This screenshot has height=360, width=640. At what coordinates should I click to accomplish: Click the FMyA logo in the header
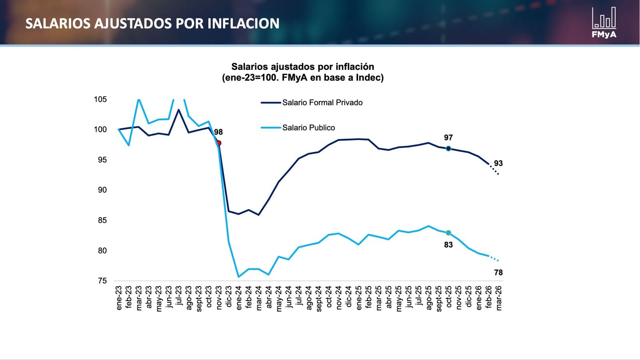pyautogui.click(x=604, y=23)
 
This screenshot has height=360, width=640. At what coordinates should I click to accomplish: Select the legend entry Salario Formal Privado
pyautogui.click(x=322, y=103)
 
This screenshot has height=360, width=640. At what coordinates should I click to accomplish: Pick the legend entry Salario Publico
pyautogui.click(x=308, y=128)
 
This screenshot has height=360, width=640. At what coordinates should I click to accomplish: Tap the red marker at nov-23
pyautogui.click(x=218, y=143)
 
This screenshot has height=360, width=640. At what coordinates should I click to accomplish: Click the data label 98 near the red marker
pyautogui.click(x=218, y=132)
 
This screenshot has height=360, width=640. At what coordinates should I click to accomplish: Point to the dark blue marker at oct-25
pyautogui.click(x=448, y=149)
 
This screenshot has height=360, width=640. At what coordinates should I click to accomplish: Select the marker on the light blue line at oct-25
pyautogui.click(x=448, y=233)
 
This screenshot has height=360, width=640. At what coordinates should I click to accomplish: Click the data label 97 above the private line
pyautogui.click(x=448, y=137)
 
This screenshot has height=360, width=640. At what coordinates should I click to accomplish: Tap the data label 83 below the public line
pyautogui.click(x=448, y=245)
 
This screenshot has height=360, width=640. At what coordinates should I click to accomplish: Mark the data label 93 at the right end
pyautogui.click(x=498, y=163)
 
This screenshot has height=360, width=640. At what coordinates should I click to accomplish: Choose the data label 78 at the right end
pyautogui.click(x=498, y=272)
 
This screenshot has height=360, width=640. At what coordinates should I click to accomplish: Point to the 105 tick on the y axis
pyautogui.click(x=100, y=99)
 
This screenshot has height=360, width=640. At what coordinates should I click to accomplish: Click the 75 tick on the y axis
pyautogui.click(x=102, y=281)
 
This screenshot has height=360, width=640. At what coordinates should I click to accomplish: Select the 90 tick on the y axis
pyautogui.click(x=102, y=190)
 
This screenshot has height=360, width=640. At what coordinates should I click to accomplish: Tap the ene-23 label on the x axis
pyautogui.click(x=119, y=298)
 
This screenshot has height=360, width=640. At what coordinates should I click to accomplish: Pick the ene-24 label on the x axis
pyautogui.click(x=239, y=298)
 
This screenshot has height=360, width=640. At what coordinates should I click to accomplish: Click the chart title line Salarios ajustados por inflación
pyautogui.click(x=303, y=67)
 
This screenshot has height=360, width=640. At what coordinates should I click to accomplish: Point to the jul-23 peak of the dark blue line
pyautogui.click(x=179, y=109)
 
